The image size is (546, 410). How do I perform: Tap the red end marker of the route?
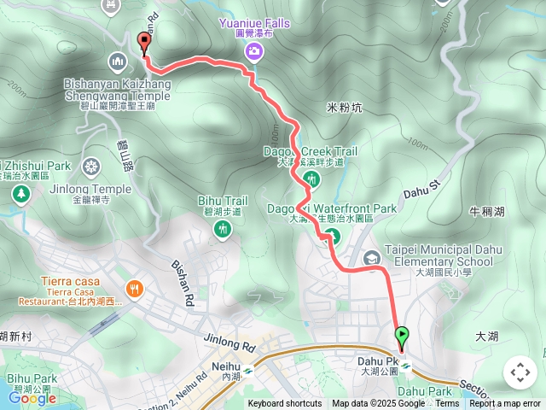pyautogui.click(x=143, y=40)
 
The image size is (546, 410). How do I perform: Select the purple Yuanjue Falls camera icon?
pyautogui.click(x=254, y=53)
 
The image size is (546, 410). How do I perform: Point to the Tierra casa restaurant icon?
pyautogui.click(x=134, y=290)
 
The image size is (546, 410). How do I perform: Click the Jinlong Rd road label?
pyautogui.click(x=229, y=343)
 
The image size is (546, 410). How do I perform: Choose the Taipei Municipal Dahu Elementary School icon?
pyautogui.click(x=372, y=257)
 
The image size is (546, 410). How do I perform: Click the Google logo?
pyautogui.click(x=32, y=398)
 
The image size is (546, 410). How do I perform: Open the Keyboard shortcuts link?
pyautogui.click(x=285, y=404)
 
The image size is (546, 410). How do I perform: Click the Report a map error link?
pyautogui.click(x=505, y=404)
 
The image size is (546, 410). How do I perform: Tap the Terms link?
pyautogui.click(x=447, y=404)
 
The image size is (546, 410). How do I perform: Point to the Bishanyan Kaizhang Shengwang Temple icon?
pyautogui.click(x=118, y=61)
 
